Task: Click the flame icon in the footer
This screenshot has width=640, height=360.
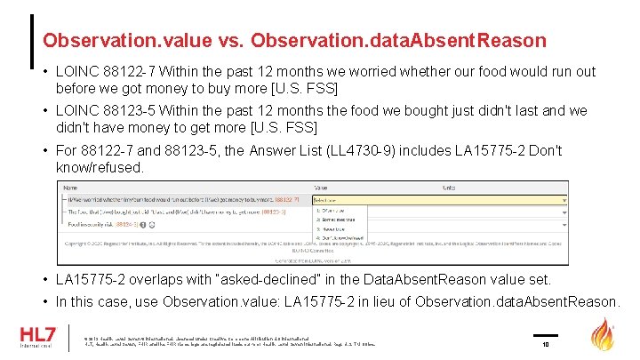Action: (604, 335)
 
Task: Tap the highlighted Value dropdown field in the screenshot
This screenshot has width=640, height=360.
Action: (440, 200)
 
